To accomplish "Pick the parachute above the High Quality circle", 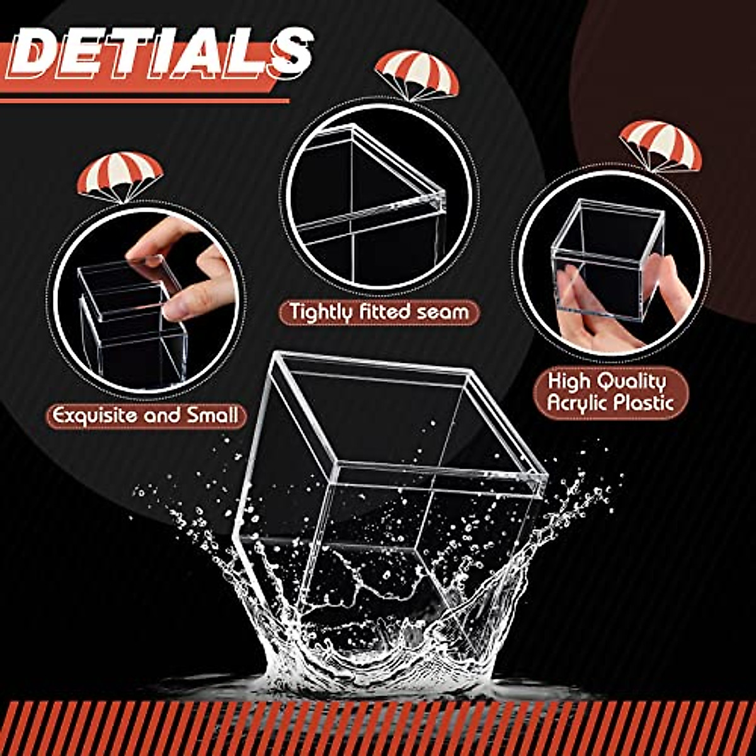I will coord(660,144).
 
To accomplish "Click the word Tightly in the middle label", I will coord(318,312).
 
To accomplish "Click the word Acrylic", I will coord(576,403).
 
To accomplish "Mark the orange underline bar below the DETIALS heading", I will coord(145,100).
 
